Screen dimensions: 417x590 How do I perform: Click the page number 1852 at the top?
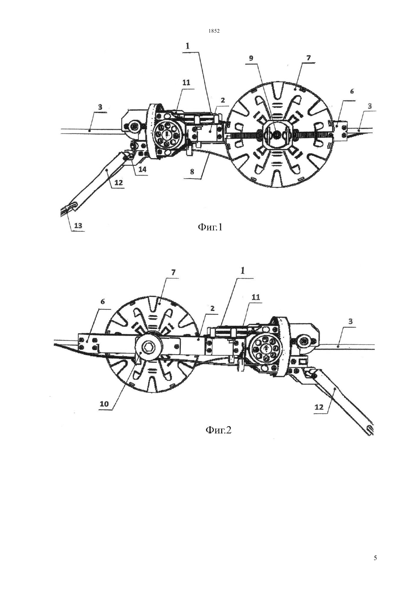[x=214, y=31]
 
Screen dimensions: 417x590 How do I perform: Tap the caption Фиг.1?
[x=210, y=227]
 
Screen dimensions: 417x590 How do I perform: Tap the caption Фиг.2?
[x=218, y=430]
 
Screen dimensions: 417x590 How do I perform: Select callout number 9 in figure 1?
[x=251, y=58]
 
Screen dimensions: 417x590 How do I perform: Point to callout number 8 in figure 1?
[x=192, y=172]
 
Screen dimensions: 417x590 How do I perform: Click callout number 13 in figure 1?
[x=78, y=226]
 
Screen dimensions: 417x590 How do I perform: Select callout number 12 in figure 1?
[x=119, y=182]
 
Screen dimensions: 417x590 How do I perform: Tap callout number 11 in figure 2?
[x=256, y=297]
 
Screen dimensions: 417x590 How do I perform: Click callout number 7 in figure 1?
[x=309, y=58]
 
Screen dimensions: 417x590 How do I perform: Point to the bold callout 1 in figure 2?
[x=243, y=271]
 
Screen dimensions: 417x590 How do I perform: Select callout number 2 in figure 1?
[x=223, y=100]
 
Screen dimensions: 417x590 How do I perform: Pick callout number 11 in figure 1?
[x=186, y=83]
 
